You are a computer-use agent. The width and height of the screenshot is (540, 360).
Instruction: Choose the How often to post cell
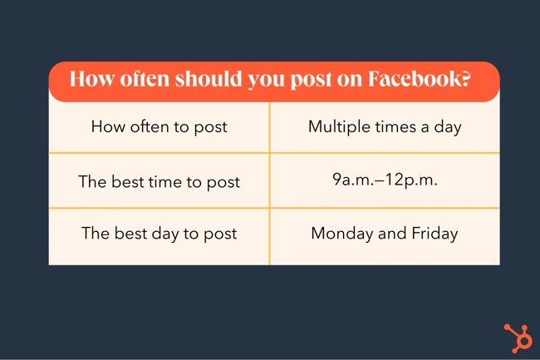point(159,127)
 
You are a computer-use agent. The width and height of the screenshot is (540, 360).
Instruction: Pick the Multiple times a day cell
point(385,127)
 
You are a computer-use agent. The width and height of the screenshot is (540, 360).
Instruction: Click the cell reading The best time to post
point(159,181)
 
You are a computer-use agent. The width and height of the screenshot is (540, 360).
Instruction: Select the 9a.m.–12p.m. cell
point(385,180)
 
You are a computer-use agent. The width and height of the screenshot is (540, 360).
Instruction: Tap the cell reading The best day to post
point(159,234)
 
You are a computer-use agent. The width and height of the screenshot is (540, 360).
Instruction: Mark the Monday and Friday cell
point(385,234)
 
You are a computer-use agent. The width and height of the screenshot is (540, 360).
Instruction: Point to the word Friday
point(434,234)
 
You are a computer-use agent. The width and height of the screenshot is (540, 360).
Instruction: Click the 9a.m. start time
point(352,180)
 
